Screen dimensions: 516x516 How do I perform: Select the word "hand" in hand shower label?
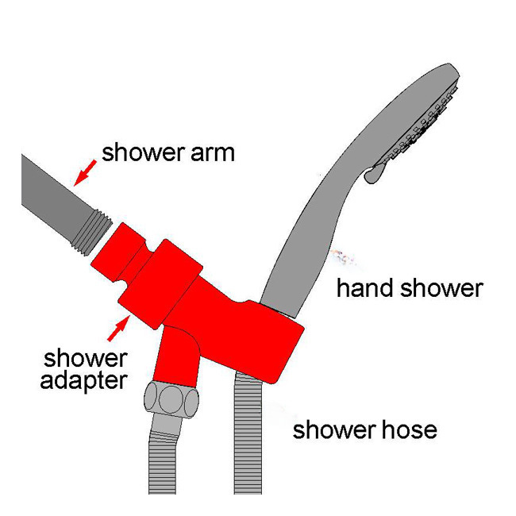click(x=365, y=287)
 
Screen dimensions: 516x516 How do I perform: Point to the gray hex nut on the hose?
click(x=168, y=396)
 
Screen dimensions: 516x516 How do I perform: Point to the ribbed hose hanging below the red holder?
click(x=252, y=445)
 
